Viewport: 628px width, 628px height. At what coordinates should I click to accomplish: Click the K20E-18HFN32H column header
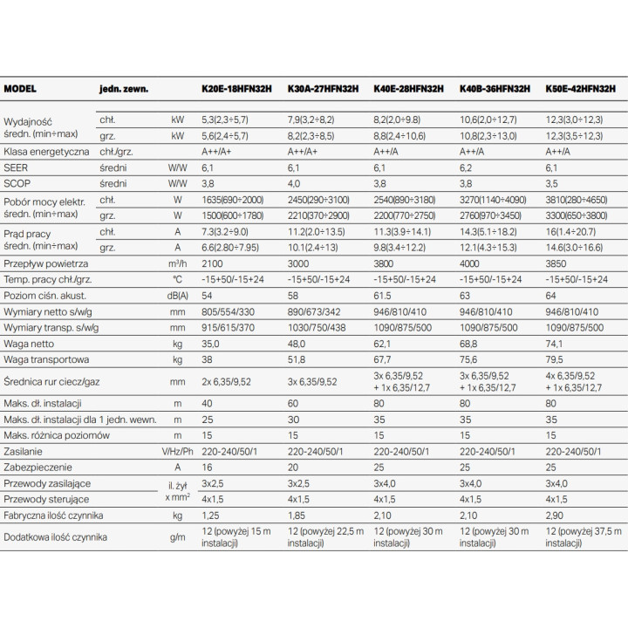pos(236,88)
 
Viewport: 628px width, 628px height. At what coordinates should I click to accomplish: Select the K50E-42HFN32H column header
pos(580,88)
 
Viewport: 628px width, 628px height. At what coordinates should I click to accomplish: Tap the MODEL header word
pos(20,88)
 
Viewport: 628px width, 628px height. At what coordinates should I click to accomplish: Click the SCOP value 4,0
pos(294,184)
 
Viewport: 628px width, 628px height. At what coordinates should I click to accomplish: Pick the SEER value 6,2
pos(466,167)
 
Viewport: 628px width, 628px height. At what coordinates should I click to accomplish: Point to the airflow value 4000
pos(469,263)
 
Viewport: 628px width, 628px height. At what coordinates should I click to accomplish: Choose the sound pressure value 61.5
pos(382,296)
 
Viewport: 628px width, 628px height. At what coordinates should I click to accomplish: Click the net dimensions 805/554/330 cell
pos(228,311)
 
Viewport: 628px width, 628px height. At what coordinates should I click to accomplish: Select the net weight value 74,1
pos(554,344)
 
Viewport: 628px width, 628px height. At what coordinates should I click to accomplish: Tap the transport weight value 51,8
pos(297,359)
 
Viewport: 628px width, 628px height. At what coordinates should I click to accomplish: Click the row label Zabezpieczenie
pos(38,468)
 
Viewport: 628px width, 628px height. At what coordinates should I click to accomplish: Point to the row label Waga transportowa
pos(46,359)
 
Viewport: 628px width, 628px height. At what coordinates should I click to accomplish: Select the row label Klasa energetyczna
pos(46,152)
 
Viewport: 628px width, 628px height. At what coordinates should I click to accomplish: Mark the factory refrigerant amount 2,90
pos(555,515)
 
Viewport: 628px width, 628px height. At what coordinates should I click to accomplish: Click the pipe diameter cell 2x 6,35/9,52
pos(226,382)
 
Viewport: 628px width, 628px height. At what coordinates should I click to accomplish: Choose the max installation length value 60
pos(293,403)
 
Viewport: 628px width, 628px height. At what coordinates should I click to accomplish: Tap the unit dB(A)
pos(177,296)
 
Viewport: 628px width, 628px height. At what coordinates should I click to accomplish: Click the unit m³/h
pos(177,263)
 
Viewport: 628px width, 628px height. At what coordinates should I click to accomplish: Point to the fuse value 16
pos(207,468)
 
